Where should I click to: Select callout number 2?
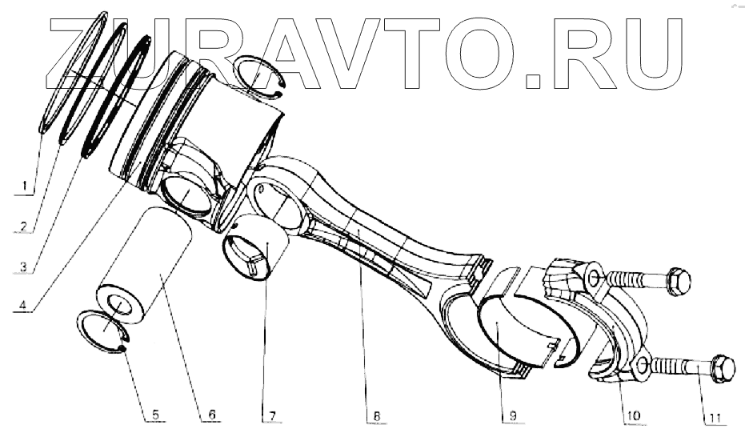[x=26, y=227]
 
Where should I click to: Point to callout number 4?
[x=26, y=306]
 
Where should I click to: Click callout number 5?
[x=156, y=415]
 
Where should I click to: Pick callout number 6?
[x=211, y=415]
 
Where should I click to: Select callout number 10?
[x=631, y=415]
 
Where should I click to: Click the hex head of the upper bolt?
[x=678, y=282]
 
